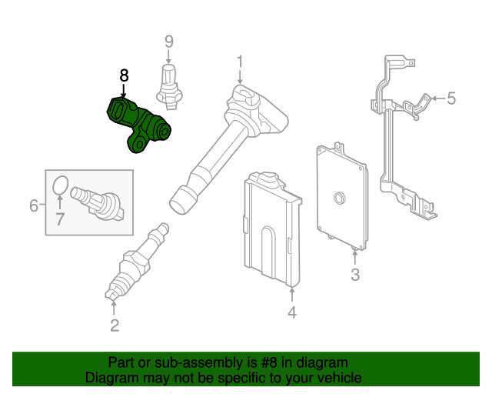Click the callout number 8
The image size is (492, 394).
(125, 75)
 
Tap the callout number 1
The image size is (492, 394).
(240, 61)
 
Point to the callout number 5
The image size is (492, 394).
(451, 98)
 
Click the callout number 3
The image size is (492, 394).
(354, 275)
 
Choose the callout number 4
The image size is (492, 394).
(292, 312)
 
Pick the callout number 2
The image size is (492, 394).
(115, 326)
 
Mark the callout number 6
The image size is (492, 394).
(34, 205)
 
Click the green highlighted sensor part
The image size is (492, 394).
(138, 123)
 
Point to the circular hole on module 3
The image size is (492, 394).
(336, 201)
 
